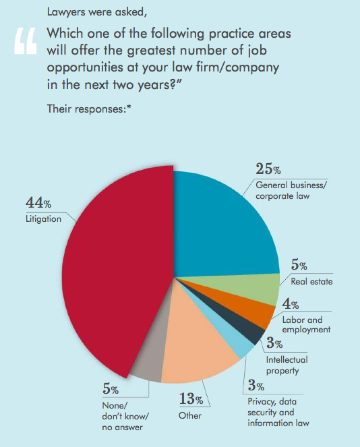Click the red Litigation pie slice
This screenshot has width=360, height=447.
click(114, 271)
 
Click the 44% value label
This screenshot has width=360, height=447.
click(38, 203)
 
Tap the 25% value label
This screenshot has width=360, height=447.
click(268, 169)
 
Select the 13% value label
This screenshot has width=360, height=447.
click(191, 398)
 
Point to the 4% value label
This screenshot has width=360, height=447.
click(291, 303)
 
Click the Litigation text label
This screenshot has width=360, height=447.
click(43, 219)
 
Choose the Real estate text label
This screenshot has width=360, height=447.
click(311, 282)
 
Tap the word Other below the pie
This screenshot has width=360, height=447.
click(190, 415)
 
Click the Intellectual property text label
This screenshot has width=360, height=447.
click(287, 365)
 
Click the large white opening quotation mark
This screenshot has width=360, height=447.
click(26, 40)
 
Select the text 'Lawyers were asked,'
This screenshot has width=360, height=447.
click(97, 12)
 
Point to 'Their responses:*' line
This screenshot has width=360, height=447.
click(89, 109)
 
